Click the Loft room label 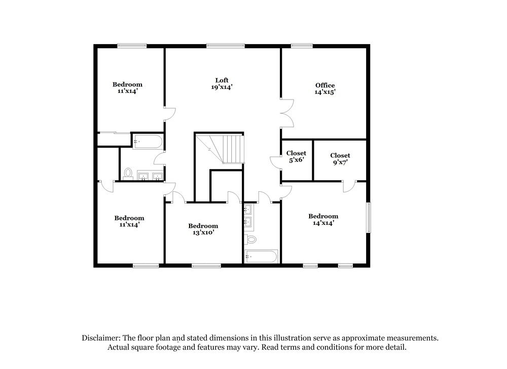tap(222, 84)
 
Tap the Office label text tap(325, 89)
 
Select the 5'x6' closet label tap(296, 156)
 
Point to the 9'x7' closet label tap(340, 159)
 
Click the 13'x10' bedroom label tap(203, 229)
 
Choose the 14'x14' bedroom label tap(323, 219)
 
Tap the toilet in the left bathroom tap(128, 173)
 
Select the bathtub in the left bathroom tap(148, 142)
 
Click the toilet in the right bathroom tap(250, 240)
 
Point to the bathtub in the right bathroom tap(261, 256)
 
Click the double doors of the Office tap(287, 113)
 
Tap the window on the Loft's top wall tap(226, 46)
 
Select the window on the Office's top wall tap(302, 46)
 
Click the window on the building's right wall tap(368, 218)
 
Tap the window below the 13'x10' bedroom tap(206, 266)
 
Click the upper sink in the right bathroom tap(248, 210)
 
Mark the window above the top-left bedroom tap(132, 46)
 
